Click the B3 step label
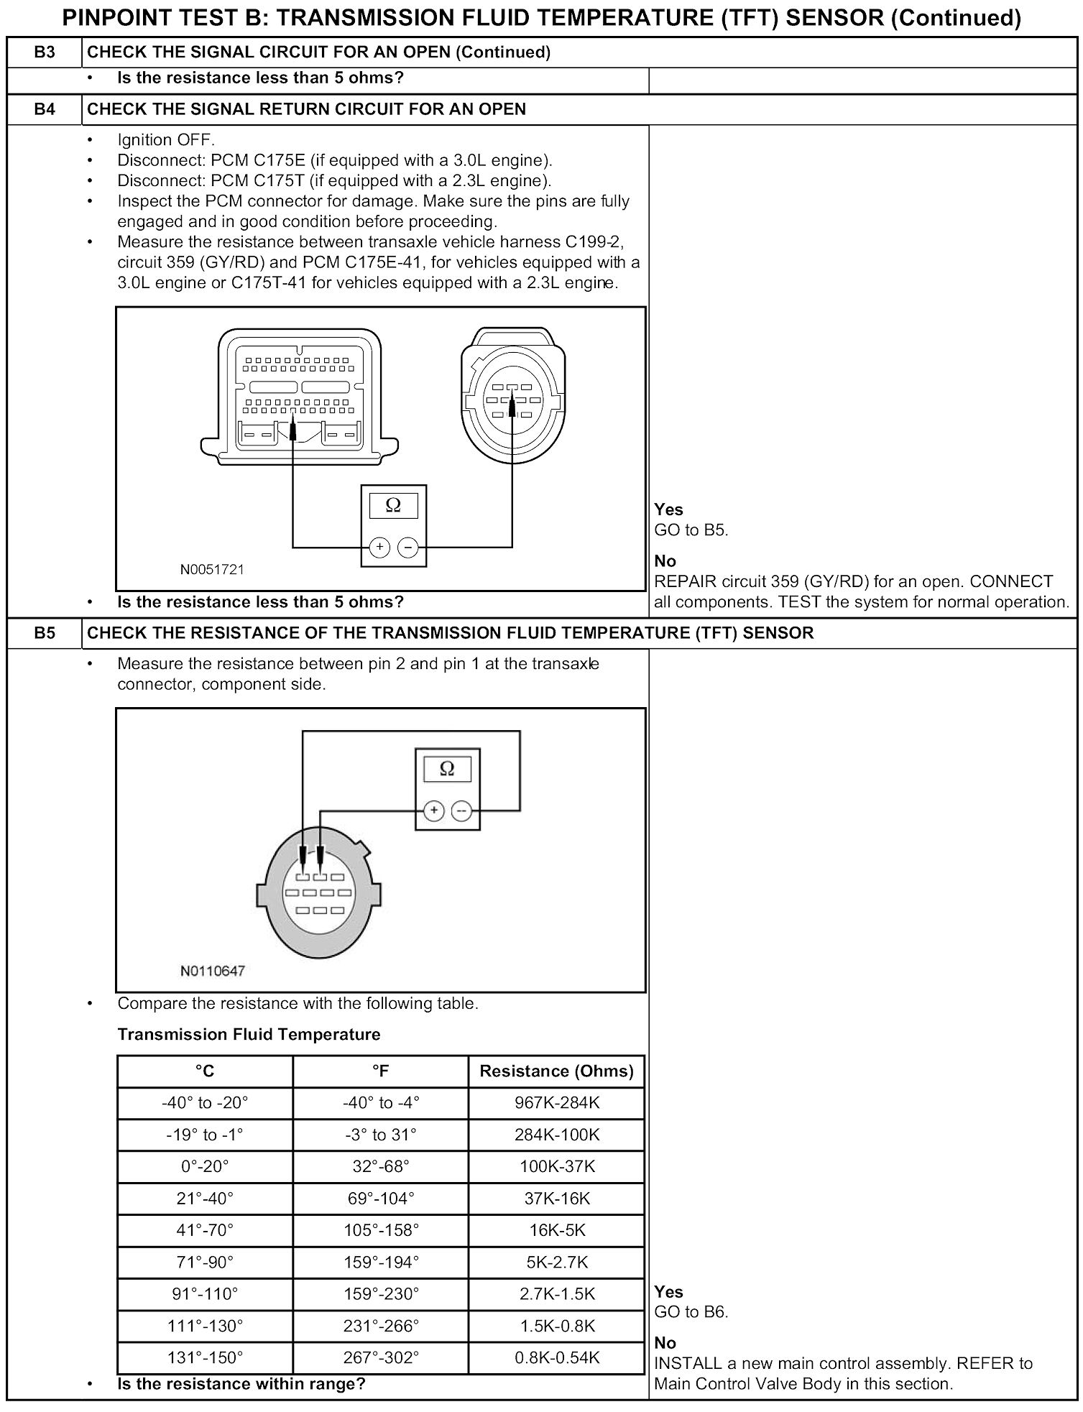click(x=44, y=52)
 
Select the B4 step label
click(x=44, y=109)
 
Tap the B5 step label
click(x=44, y=633)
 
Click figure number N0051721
click(x=212, y=570)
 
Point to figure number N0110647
click(x=212, y=972)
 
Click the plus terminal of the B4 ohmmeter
click(x=379, y=548)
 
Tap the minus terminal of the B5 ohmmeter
click(x=461, y=811)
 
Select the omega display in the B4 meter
click(x=393, y=505)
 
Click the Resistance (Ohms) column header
click(x=556, y=1071)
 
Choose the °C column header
click(x=205, y=1071)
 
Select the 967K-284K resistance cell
click(x=556, y=1103)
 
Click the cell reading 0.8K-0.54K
click(x=556, y=1357)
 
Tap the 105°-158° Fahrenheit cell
click(x=381, y=1230)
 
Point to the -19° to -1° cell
click(x=205, y=1135)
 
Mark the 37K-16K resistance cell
click(x=556, y=1199)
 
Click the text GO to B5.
click(x=691, y=530)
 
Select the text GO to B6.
click(x=691, y=1312)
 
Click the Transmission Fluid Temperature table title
click(x=249, y=1035)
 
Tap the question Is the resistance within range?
click(x=241, y=1383)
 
